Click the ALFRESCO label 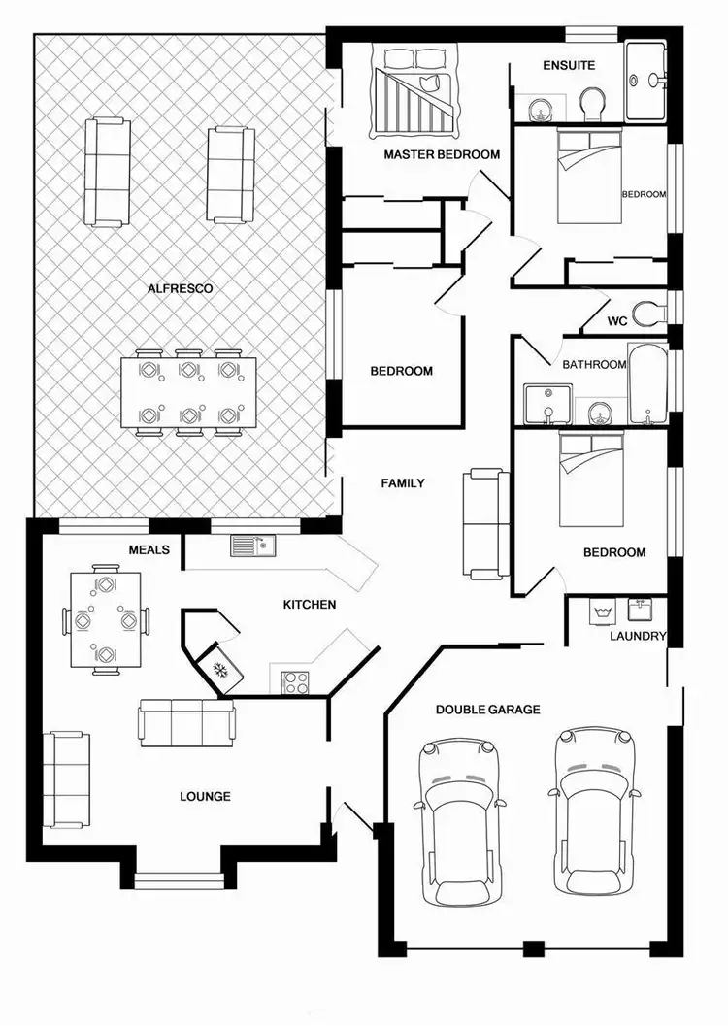tap(180, 288)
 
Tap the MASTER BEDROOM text tap(442, 154)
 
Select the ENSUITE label tap(569, 66)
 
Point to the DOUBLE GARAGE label tap(487, 710)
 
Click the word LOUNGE tap(205, 797)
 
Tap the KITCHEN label tap(309, 605)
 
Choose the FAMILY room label tap(402, 482)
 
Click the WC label tap(617, 320)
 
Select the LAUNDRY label tap(637, 637)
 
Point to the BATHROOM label tap(594, 365)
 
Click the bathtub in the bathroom tap(646, 382)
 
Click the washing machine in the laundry tap(600, 612)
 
